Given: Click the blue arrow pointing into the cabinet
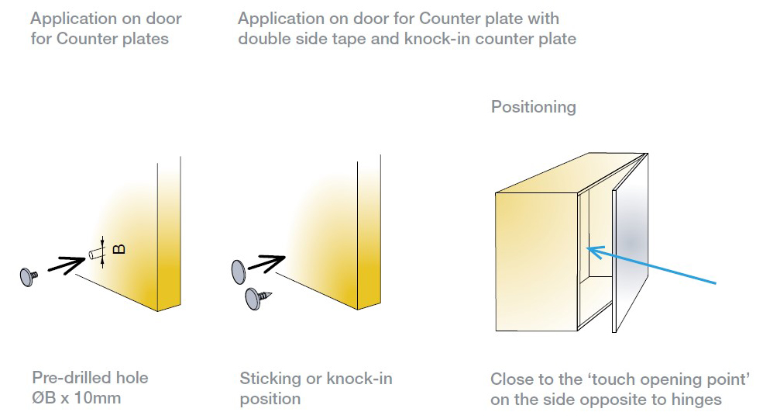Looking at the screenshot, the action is pos(652,265).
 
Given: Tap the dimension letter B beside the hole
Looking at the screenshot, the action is pos(119,249).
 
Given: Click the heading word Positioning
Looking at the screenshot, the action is pos(533,107).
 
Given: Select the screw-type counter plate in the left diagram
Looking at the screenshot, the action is pos(29,277).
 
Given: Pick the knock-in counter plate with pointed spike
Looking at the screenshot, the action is pos(258,298).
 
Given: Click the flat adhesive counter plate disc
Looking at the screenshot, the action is pos(239,272).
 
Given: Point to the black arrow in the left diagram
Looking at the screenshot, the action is pos(67,265).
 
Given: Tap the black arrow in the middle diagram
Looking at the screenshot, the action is pos(266,263).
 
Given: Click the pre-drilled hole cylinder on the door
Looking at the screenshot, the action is pos(96,254).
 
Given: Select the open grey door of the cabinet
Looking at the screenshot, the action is pos(631,242).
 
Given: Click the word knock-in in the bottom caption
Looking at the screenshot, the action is pos(359,379).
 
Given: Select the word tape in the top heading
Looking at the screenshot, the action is pos(349,39).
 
